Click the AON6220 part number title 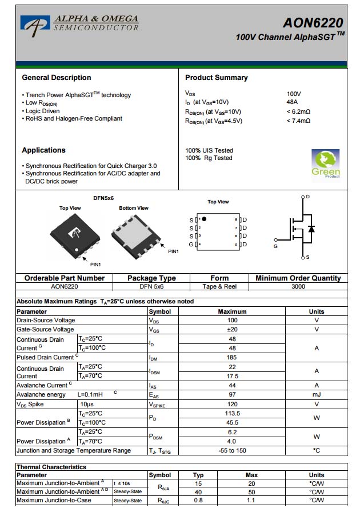pos(313,22)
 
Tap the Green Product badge pos(325,164)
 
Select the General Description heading pos(56,78)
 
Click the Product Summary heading pos(216,78)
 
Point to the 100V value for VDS pos(294,94)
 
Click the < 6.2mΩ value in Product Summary pos(298,111)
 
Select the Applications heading pos(43,150)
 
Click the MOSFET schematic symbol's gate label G pos(275,246)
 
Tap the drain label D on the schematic pos(307,197)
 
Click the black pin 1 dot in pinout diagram pos(204,219)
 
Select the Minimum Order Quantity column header pos(298,278)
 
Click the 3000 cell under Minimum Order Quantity pos(298,286)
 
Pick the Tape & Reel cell pos(219,286)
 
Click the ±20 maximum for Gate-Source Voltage pos(232,329)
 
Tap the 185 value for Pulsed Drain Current pos(232,357)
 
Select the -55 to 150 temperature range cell pos(232,450)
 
